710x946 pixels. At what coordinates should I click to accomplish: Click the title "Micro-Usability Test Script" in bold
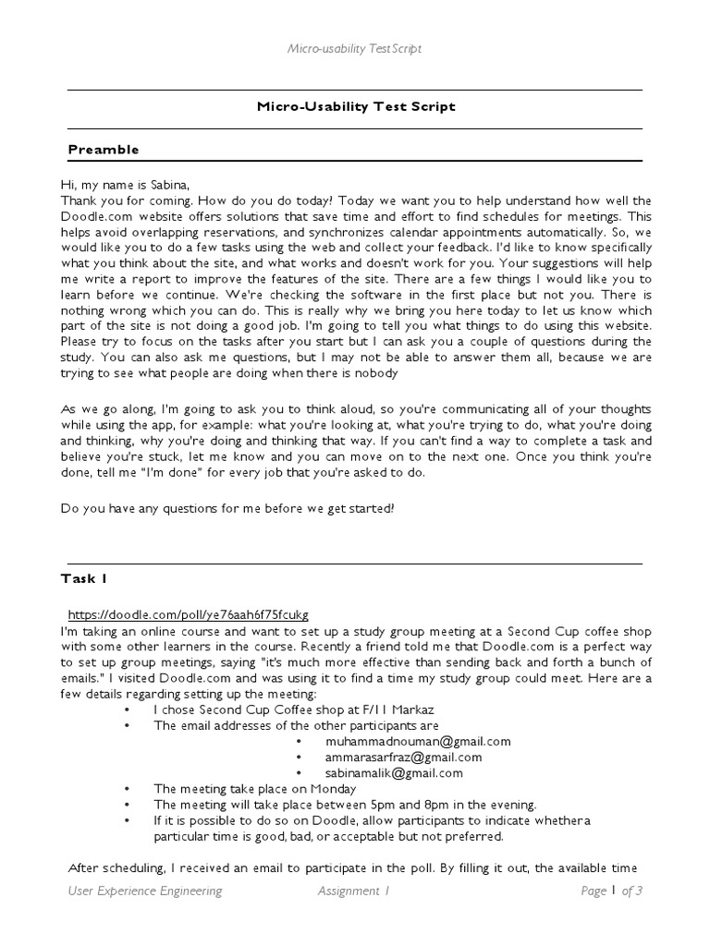pos(356,106)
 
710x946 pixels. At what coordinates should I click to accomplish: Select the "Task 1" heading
pos(84,579)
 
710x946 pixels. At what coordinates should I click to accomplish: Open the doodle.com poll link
pos(189,615)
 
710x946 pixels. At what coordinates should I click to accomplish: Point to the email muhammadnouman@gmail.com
pos(418,741)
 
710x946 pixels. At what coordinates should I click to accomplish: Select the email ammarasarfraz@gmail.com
pos(403,757)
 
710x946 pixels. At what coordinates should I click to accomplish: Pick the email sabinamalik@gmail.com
pos(394,773)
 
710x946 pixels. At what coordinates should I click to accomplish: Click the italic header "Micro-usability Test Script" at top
pos(355,48)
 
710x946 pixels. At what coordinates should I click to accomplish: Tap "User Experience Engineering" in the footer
pos(144,891)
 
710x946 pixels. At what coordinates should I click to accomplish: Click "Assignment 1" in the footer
pos(354,891)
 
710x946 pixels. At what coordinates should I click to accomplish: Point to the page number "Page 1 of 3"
pos(611,891)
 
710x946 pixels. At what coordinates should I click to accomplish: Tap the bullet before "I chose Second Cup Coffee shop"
pos(127,709)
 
